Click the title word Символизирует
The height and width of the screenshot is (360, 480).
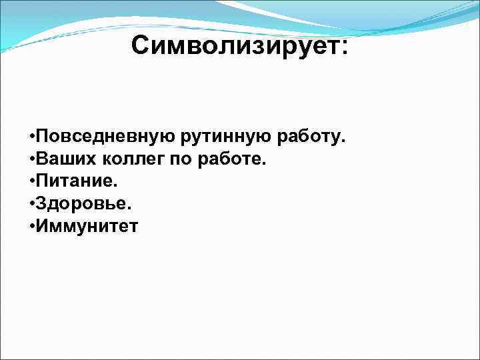235,46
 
